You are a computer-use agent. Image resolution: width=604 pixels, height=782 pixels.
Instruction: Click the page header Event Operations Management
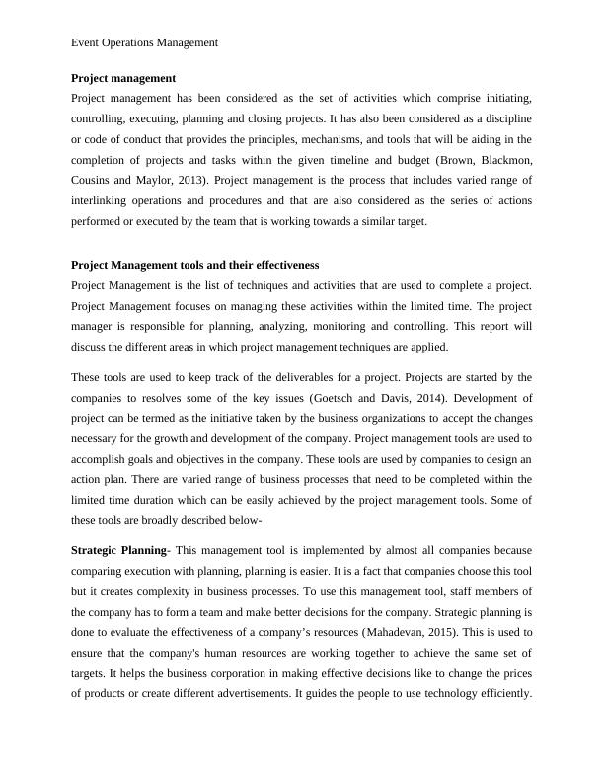click(x=145, y=42)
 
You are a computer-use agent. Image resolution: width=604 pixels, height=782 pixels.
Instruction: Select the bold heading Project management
click(x=123, y=77)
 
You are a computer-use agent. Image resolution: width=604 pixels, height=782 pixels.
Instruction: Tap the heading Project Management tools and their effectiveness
click(x=195, y=265)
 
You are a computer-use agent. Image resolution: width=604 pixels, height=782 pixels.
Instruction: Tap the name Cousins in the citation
click(x=96, y=180)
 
